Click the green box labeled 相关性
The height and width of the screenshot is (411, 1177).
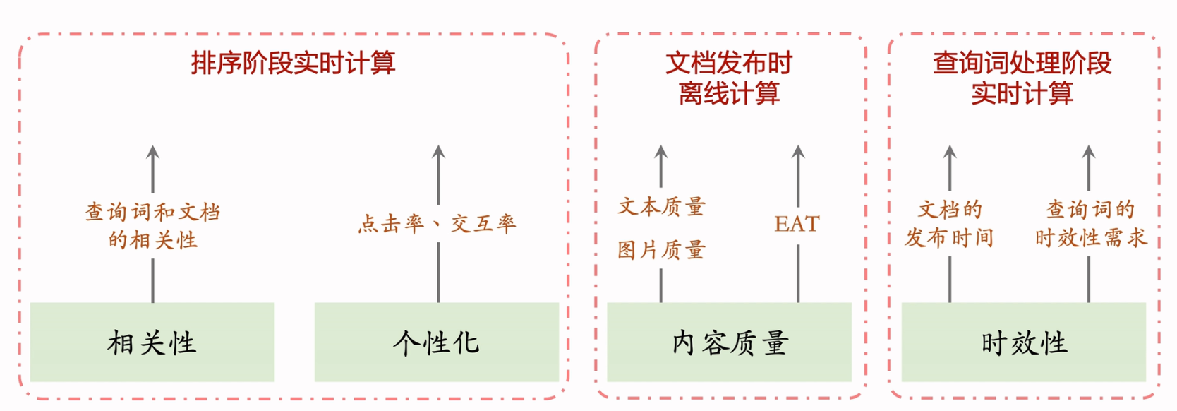point(152,342)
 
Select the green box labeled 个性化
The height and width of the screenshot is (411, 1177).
point(436,342)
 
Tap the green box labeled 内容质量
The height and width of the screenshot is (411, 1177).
point(729,342)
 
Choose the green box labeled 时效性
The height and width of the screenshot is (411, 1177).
point(1023,342)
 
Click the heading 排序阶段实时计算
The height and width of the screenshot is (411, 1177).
point(293,64)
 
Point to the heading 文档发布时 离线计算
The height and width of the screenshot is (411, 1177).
point(729,78)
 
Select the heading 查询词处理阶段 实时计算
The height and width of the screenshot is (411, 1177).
point(1022,78)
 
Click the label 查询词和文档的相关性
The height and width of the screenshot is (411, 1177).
point(152,225)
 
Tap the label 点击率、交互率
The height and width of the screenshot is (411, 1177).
point(437,224)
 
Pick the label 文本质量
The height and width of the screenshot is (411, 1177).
point(661,206)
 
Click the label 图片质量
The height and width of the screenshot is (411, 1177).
point(661,249)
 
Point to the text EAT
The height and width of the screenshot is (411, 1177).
point(797,224)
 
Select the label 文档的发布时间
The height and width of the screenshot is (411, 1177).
point(949,223)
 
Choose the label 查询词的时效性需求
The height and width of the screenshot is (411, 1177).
point(1090,223)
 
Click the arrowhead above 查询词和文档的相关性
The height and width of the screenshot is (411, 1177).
point(152,151)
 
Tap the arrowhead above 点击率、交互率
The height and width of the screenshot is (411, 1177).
point(438,151)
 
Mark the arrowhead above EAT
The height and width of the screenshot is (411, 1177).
point(798,151)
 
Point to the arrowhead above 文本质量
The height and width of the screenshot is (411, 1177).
point(661,151)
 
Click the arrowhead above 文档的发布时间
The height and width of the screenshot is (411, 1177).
point(950,151)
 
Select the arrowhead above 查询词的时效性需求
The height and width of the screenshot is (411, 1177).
point(1089,151)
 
